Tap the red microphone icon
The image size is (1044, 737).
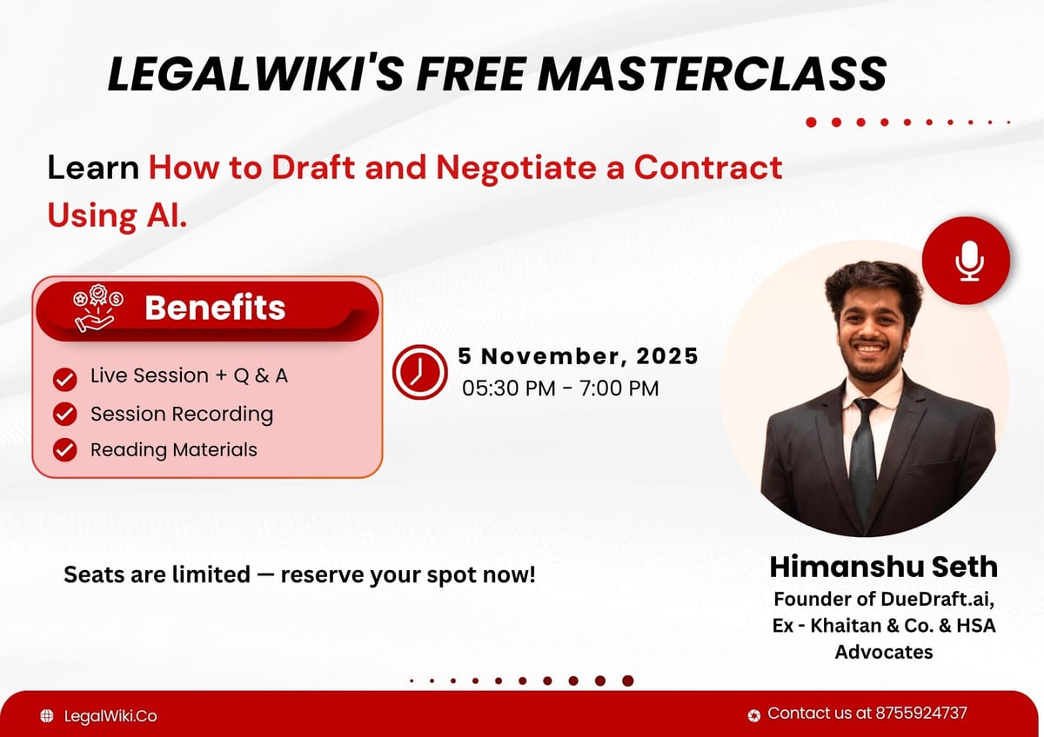pyautogui.click(x=967, y=261)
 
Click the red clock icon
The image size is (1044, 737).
pyautogui.click(x=419, y=371)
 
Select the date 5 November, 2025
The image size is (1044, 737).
pyautogui.click(x=579, y=355)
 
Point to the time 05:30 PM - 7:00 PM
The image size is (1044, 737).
pyautogui.click(x=560, y=388)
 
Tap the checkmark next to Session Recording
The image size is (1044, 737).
pyautogui.click(x=64, y=415)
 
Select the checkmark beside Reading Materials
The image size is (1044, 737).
pyautogui.click(x=64, y=450)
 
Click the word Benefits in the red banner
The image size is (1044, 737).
pyautogui.click(x=215, y=308)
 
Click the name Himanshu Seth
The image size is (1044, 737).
pyautogui.click(x=883, y=568)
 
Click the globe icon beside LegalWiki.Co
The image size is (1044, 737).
pyautogui.click(x=47, y=716)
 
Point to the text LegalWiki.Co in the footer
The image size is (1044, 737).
pyautogui.click(x=110, y=716)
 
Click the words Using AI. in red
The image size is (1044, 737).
pyautogui.click(x=117, y=215)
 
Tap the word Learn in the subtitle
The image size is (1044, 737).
pyautogui.click(x=93, y=167)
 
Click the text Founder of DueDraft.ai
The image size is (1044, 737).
pyautogui.click(x=883, y=600)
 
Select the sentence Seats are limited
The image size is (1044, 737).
pyautogui.click(x=299, y=574)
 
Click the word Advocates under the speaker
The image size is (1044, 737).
pyautogui.click(x=883, y=651)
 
